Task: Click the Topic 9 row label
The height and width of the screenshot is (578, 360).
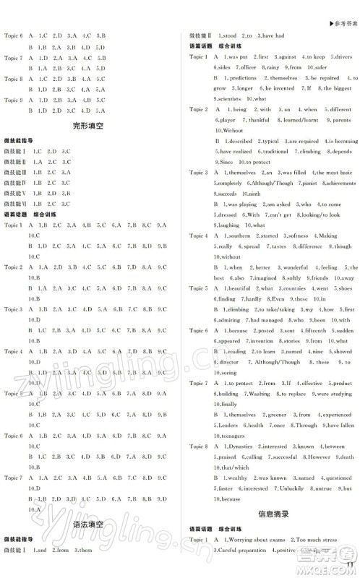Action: pos(14,100)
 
